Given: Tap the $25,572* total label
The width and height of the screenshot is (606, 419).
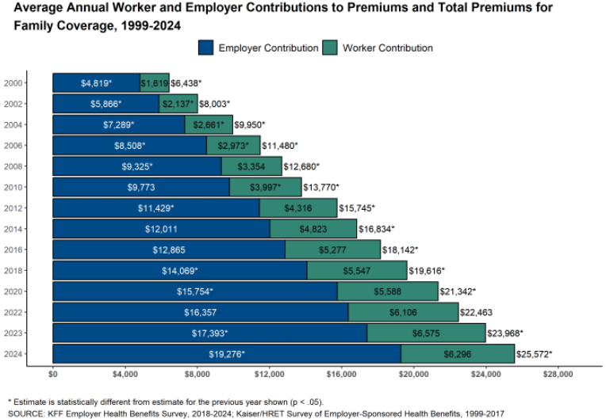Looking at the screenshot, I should pos(534,353).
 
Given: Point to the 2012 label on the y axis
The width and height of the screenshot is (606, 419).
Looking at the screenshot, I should pos(13,208).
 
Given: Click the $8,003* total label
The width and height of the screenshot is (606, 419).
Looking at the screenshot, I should pos(214,104).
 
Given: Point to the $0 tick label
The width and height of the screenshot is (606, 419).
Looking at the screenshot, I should pos(53,374).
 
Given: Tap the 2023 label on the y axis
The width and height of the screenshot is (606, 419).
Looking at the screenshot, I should pos(13,333).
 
